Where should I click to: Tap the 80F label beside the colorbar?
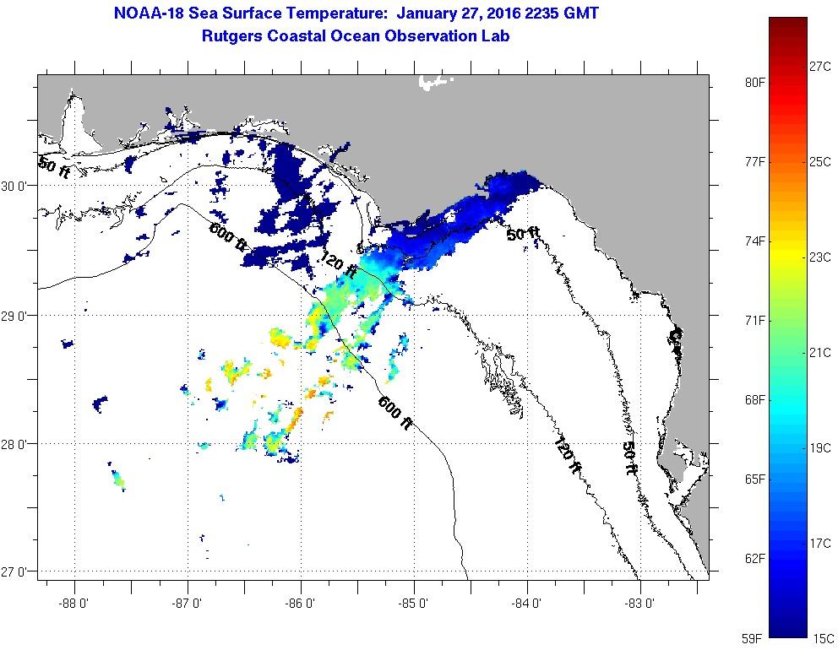754,82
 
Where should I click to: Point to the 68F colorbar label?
754,399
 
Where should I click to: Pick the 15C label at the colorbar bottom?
824,638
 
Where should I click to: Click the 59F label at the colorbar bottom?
754,638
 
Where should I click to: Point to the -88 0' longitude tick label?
74,603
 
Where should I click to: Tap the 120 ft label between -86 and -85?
338,266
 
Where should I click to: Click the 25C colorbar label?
820,161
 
